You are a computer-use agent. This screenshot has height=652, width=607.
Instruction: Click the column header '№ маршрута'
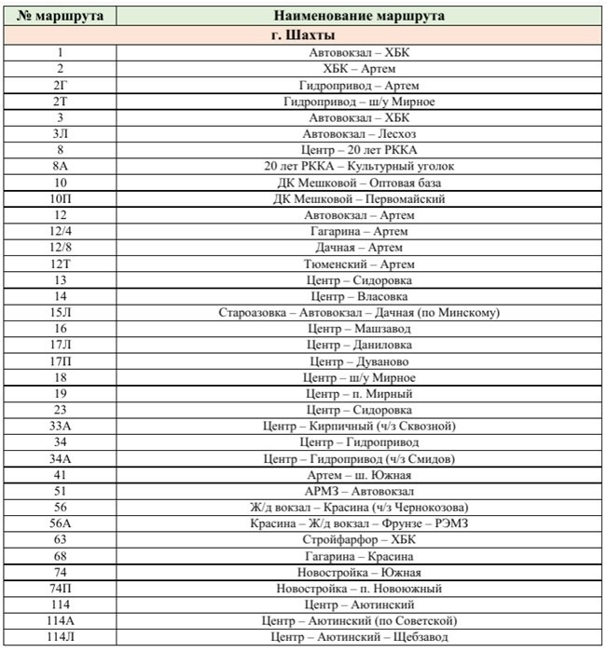tap(61, 17)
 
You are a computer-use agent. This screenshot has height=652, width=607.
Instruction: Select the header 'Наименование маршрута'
tap(359, 17)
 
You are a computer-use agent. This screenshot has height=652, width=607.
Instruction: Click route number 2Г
tap(61, 85)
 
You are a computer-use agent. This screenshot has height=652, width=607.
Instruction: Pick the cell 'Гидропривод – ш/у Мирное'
tap(359, 102)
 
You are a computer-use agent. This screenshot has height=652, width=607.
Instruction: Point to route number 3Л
tap(61, 134)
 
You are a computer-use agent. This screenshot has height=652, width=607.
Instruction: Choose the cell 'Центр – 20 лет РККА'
tap(359, 150)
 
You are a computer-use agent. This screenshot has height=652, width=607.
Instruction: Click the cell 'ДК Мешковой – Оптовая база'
tap(359, 183)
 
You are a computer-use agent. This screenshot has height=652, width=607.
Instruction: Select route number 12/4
tap(61, 231)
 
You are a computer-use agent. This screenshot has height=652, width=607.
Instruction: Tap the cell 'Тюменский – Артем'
tap(359, 264)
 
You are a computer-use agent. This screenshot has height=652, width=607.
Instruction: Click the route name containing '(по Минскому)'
tap(359, 312)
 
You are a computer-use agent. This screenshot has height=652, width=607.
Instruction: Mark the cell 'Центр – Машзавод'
tap(359, 329)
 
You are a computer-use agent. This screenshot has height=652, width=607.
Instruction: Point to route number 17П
tap(61, 361)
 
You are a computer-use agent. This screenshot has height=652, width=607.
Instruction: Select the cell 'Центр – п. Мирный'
tap(359, 393)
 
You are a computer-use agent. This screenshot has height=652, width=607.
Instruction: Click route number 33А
tap(61, 426)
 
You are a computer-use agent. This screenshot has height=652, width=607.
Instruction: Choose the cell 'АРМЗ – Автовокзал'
tap(359, 491)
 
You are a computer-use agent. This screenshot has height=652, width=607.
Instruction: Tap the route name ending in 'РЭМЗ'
tap(359, 523)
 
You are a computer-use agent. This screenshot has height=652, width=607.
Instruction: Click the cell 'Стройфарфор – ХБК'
tap(359, 539)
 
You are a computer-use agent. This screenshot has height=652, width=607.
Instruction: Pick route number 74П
tap(61, 588)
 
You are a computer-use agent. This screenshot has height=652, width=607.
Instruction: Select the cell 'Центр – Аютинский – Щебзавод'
tap(359, 637)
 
